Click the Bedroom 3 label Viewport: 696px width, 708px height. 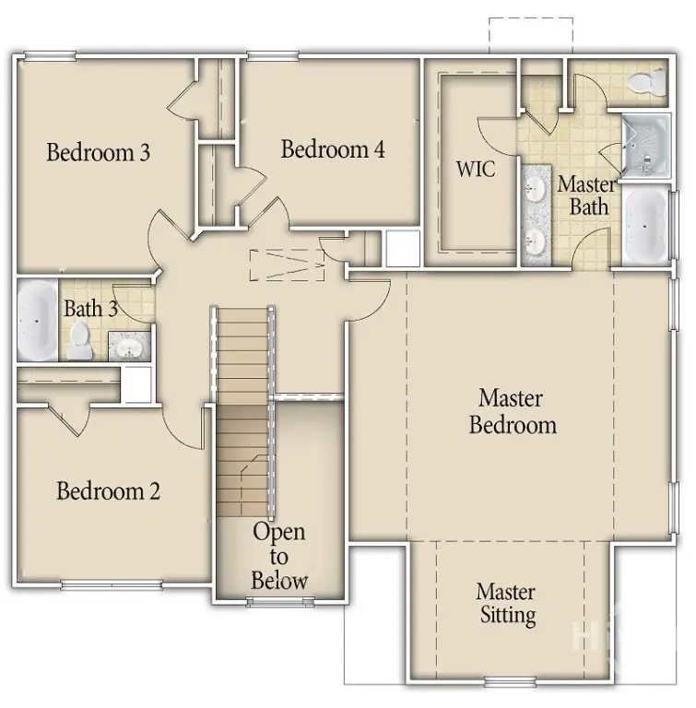click(98, 152)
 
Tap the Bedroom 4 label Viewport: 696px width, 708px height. click(333, 149)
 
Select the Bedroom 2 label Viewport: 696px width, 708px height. click(108, 490)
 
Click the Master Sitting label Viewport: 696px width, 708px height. click(507, 603)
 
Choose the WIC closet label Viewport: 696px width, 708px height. click(476, 170)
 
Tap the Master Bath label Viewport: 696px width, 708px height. click(586, 195)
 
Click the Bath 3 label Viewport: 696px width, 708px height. click(89, 308)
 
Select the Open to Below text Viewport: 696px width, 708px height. click(279, 556)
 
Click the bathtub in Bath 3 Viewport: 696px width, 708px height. click(37, 320)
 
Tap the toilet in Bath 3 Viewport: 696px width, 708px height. click(80, 340)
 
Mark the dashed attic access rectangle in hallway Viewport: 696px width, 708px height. click(288, 265)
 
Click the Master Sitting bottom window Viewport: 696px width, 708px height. click(511, 683)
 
